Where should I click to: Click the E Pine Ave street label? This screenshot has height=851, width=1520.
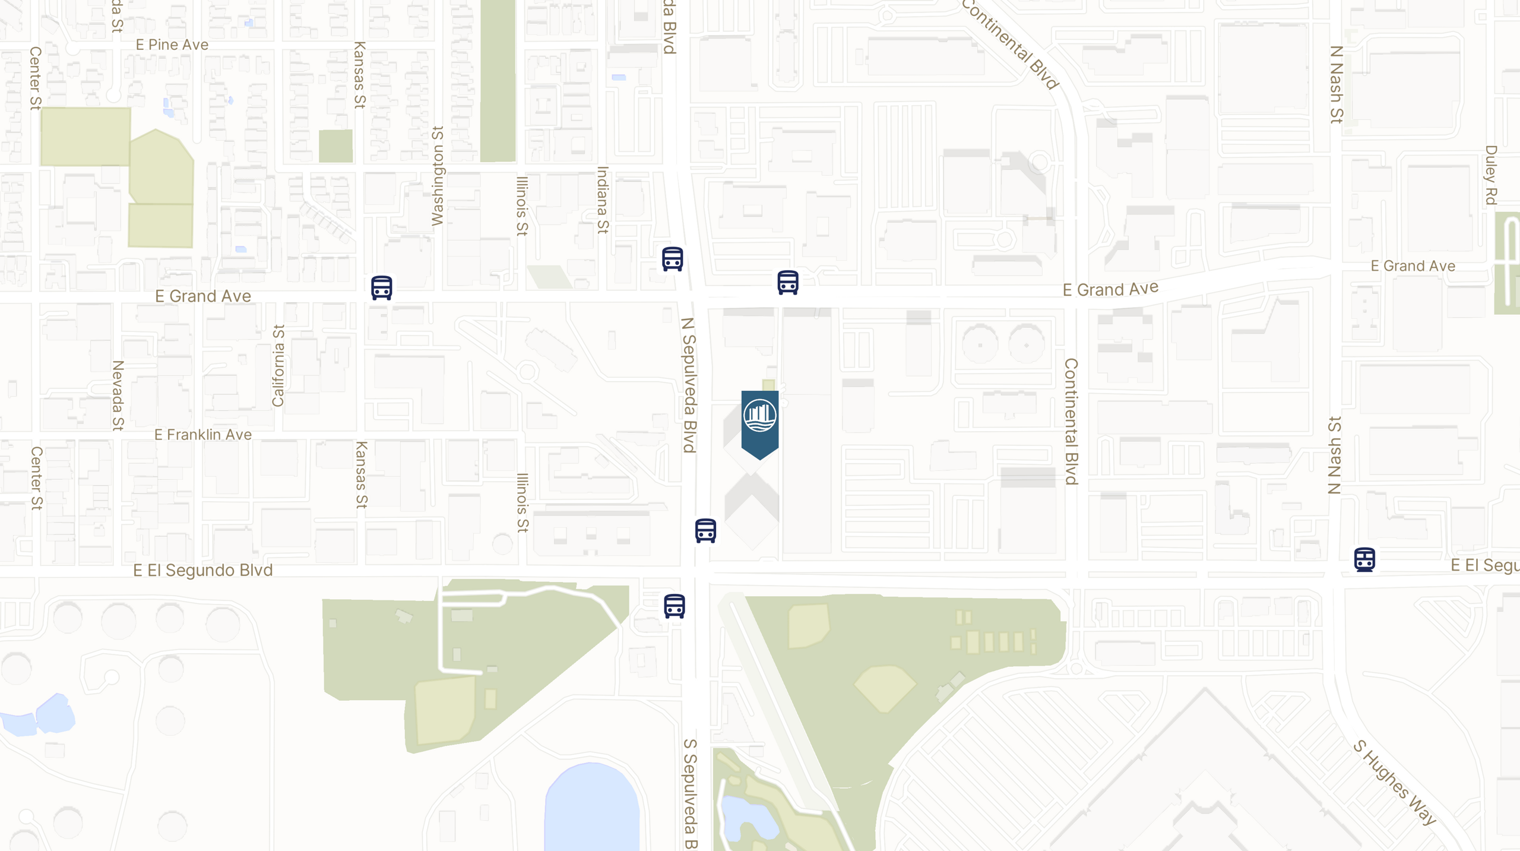pos(172,45)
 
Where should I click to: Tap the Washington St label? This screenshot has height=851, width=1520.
pos(438,176)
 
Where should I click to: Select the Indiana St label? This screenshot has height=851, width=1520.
pos(603,200)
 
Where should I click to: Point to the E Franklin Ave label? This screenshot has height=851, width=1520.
pos(203,435)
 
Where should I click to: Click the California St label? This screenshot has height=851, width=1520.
pos(278,366)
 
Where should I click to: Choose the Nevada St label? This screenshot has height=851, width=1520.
pos(118,395)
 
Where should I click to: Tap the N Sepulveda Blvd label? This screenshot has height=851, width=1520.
pos(689,385)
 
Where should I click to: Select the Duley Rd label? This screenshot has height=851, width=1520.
pos(1490,175)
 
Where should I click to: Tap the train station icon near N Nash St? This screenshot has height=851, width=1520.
pos(1364,559)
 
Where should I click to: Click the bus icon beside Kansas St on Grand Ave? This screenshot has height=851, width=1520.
pos(382,288)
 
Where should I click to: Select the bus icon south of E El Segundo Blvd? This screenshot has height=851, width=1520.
pos(674,606)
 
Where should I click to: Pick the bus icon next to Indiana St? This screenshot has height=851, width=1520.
pos(672,259)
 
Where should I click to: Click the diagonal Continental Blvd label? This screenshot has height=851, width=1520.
pos(1010,44)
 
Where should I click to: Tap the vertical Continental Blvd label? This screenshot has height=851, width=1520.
pos(1071,422)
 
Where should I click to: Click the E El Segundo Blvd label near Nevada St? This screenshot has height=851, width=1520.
pos(203,571)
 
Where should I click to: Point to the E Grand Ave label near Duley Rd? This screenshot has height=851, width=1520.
pos(1413,266)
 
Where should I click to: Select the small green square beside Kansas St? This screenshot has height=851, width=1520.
pos(335,146)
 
